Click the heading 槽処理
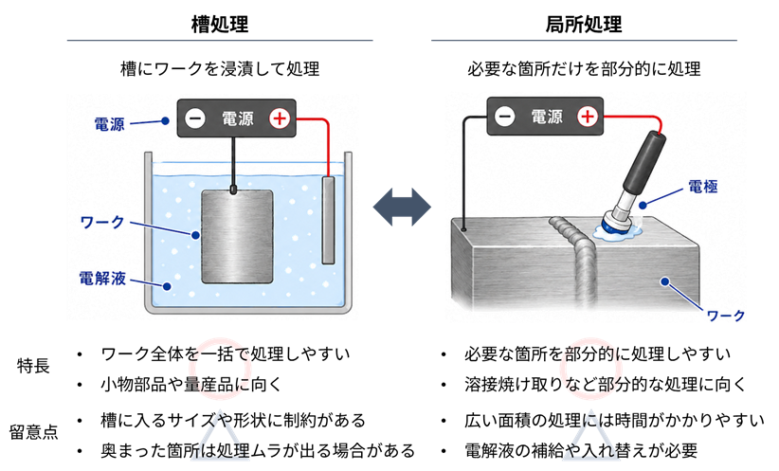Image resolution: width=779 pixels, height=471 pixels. pyautogui.click(x=220, y=24)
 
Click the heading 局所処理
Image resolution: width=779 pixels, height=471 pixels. pyautogui.click(x=584, y=24)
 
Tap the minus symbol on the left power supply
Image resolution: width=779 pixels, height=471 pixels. pyautogui.click(x=195, y=118)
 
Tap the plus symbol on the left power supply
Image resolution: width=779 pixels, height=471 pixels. pyautogui.click(x=280, y=118)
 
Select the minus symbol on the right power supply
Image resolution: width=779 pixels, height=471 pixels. pyautogui.click(x=505, y=117)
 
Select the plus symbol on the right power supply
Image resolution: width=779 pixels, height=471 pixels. pyautogui.click(x=588, y=117)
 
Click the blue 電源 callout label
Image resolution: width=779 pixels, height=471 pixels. pyautogui.click(x=109, y=124)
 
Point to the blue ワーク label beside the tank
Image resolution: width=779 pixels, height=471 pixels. pyautogui.click(x=101, y=222)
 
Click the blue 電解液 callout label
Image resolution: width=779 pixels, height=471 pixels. pyautogui.click(x=102, y=279)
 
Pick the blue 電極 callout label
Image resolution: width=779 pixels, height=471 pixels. pyautogui.click(x=702, y=187)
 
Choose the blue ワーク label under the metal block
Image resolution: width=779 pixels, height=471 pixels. pyautogui.click(x=725, y=316)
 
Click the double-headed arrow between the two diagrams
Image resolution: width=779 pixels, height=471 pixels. pyautogui.click(x=402, y=207)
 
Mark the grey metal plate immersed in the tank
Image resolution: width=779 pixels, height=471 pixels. pyautogui.click(x=237, y=237)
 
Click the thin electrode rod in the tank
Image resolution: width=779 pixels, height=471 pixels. pyautogui.click(x=328, y=220)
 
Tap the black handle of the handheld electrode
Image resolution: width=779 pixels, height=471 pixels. pyautogui.click(x=644, y=162)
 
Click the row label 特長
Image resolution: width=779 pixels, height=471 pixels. pyautogui.click(x=33, y=366)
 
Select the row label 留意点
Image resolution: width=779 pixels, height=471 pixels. pyautogui.click(x=33, y=432)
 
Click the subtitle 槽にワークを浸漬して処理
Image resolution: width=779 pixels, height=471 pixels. pyautogui.click(x=220, y=68)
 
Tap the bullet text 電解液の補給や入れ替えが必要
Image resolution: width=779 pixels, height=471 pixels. pyautogui.click(x=581, y=451)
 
